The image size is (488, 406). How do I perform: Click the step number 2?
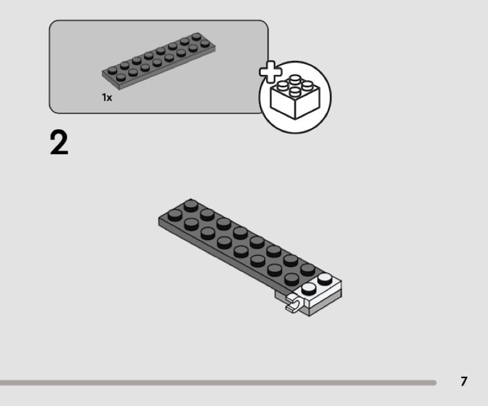59,144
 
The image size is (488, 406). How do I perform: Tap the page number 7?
464,382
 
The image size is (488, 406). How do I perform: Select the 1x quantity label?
107,98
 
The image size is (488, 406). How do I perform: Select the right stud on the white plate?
325,280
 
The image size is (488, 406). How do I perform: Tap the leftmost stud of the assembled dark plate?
175,213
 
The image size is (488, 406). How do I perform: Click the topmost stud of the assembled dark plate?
191,204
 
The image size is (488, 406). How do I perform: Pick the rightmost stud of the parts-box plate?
196,37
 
